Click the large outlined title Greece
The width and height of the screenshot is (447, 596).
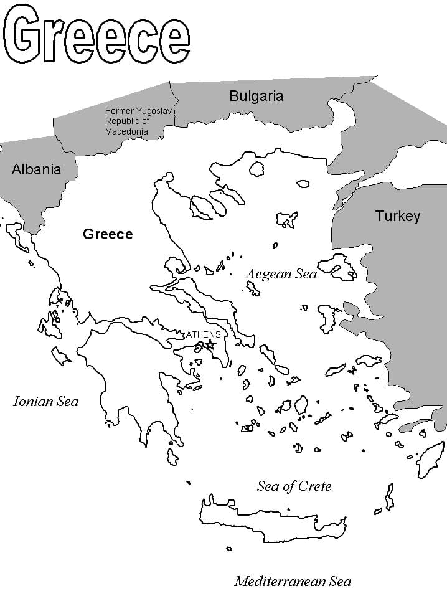point(96,36)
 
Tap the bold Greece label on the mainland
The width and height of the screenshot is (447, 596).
point(108,234)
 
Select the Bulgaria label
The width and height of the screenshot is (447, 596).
point(256,96)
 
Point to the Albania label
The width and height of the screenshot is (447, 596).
point(37,169)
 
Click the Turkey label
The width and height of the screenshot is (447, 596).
point(397,216)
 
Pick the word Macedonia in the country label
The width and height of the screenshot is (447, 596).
point(126,131)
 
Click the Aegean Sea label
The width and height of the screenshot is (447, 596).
point(281,274)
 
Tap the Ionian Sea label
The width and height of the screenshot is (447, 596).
point(46,402)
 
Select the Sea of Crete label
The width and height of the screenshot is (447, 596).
point(294,486)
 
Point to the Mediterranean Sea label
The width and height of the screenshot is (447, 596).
point(293,582)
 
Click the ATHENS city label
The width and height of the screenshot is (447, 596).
point(203,334)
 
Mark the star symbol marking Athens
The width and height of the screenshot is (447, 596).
point(211,344)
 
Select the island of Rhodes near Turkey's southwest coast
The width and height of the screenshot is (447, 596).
point(430,460)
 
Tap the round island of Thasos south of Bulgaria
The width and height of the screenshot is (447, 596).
point(256,169)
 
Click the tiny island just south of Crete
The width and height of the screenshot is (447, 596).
point(229,549)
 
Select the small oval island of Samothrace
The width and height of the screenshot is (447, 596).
point(303,184)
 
